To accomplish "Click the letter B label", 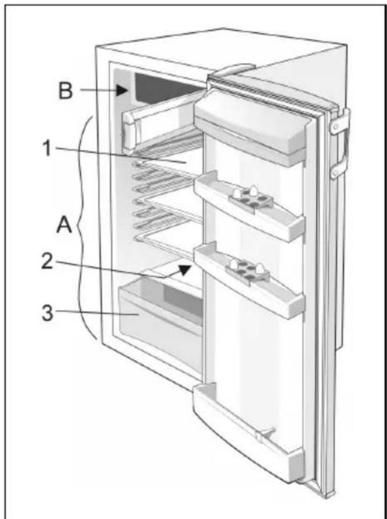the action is [x=65, y=90].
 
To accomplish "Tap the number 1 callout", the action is [x=48, y=148].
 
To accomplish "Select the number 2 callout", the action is [x=47, y=261].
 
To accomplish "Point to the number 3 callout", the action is [x=47, y=312].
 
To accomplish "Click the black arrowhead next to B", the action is [x=121, y=90].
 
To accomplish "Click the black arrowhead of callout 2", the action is [x=184, y=269].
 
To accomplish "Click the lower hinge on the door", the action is [x=339, y=168].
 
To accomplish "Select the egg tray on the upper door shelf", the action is [x=251, y=198].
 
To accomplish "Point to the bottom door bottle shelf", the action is [x=248, y=430].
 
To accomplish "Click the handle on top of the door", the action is [x=233, y=70].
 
